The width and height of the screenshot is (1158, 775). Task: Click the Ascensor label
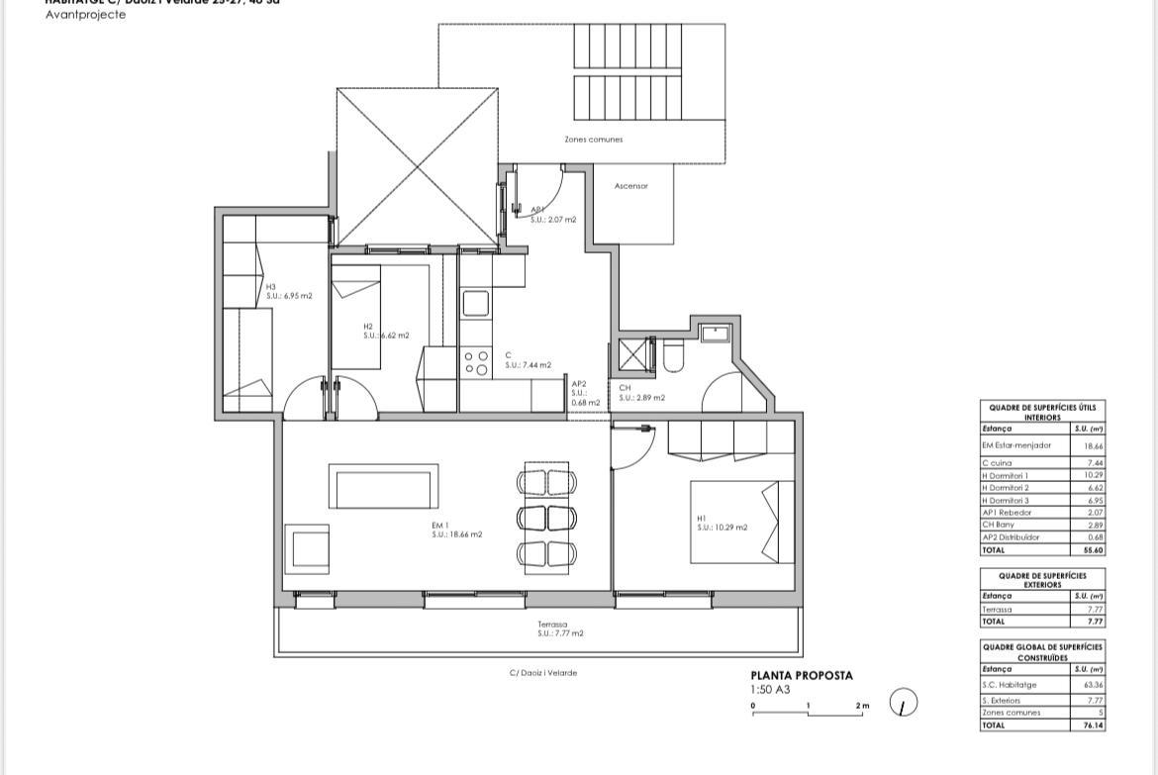630,186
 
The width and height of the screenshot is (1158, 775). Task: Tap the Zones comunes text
594,140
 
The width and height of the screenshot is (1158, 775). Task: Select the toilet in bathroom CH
673,356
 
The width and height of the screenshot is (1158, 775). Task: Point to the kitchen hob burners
476,363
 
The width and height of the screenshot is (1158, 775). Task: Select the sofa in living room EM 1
383,488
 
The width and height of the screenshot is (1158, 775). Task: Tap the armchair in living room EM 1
308,547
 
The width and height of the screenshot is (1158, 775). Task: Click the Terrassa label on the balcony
552,625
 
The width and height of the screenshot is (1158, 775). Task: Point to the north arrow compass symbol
903,704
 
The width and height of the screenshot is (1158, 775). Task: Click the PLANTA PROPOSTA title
801,676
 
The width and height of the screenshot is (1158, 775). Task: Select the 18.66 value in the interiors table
1094,446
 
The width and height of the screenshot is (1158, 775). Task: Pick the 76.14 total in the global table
1093,726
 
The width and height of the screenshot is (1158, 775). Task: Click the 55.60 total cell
1093,550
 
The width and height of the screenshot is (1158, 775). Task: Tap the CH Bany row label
1000,526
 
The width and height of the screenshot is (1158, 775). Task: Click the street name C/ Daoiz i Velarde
543,673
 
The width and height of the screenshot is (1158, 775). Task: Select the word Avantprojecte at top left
86,15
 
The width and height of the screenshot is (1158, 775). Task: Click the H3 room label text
270,287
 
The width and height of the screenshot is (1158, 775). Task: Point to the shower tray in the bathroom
631,354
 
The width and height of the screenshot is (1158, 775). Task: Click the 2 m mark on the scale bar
861,707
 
